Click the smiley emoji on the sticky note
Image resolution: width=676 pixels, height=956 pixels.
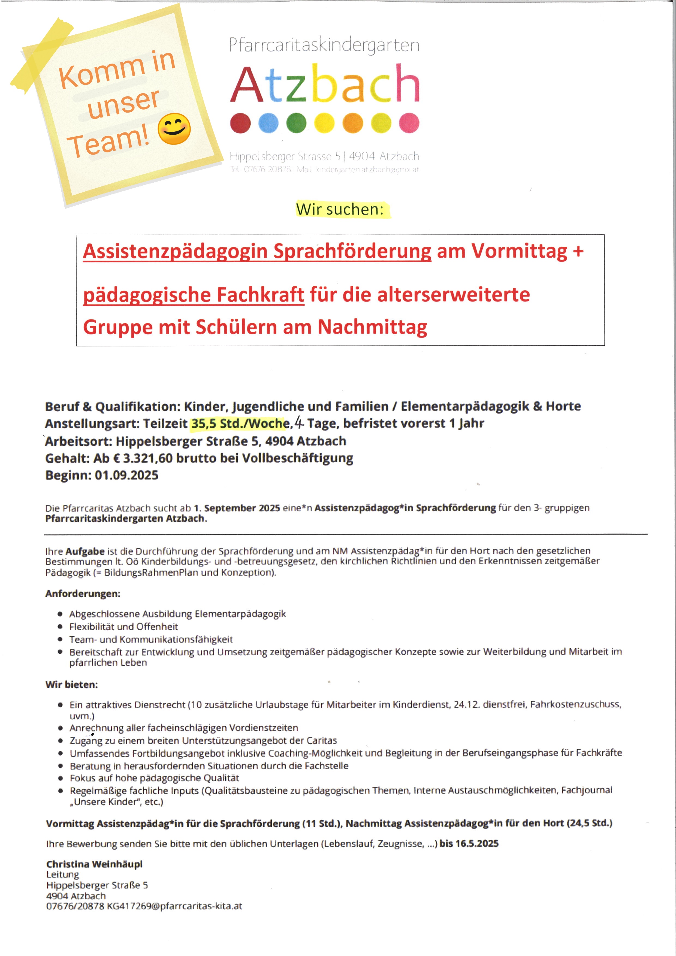[174, 129]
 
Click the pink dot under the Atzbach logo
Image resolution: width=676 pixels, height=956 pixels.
[409, 123]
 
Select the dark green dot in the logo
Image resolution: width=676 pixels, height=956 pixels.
[296, 123]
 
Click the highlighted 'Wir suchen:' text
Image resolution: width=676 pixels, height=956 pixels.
[340, 209]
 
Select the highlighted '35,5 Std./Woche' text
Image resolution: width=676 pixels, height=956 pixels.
[240, 423]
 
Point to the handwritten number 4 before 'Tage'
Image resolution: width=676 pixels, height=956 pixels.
[298, 423]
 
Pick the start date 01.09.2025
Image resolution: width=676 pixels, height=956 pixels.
[126, 475]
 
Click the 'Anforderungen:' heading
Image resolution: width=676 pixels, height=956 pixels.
[82, 593]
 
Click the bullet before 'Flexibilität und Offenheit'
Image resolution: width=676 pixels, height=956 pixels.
[60, 627]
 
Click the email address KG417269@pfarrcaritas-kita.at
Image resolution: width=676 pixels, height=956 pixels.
[174, 906]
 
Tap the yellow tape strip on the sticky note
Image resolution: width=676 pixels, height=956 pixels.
[42, 56]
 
